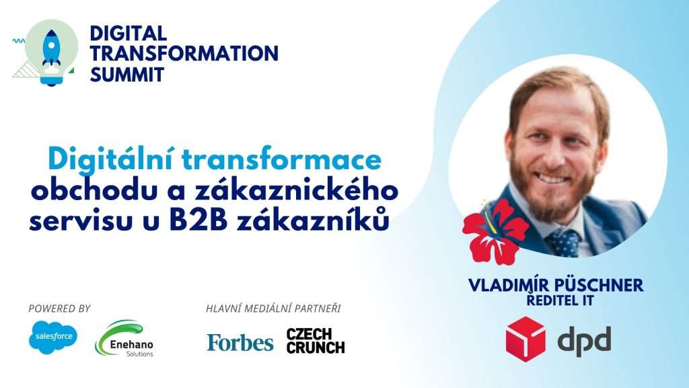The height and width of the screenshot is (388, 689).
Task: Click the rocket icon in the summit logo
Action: (x=51, y=49)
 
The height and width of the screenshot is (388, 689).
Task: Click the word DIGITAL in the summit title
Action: (x=129, y=34)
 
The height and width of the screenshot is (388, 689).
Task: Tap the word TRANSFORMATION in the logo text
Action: (x=184, y=54)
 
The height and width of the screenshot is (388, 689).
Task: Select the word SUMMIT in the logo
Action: (x=127, y=74)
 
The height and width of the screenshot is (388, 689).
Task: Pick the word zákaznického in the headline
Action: (x=297, y=191)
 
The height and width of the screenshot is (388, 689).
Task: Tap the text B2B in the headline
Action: (x=198, y=221)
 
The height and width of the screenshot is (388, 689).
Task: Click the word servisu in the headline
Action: (x=81, y=222)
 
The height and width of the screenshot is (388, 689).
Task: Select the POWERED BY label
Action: (x=59, y=309)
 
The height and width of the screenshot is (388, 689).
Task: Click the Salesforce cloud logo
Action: (x=53, y=337)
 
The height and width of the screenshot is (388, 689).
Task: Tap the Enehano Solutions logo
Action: (x=124, y=339)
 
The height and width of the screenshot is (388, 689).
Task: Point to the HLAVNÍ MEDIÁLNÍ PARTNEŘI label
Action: (x=273, y=309)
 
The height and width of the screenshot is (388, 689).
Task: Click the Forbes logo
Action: (x=240, y=343)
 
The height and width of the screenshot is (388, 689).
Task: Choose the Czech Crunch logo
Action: (x=316, y=341)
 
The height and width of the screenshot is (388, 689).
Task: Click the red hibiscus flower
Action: (x=495, y=232)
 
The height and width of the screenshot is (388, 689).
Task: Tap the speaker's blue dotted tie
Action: (x=563, y=243)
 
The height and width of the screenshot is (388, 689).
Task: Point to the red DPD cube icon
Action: (x=525, y=339)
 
